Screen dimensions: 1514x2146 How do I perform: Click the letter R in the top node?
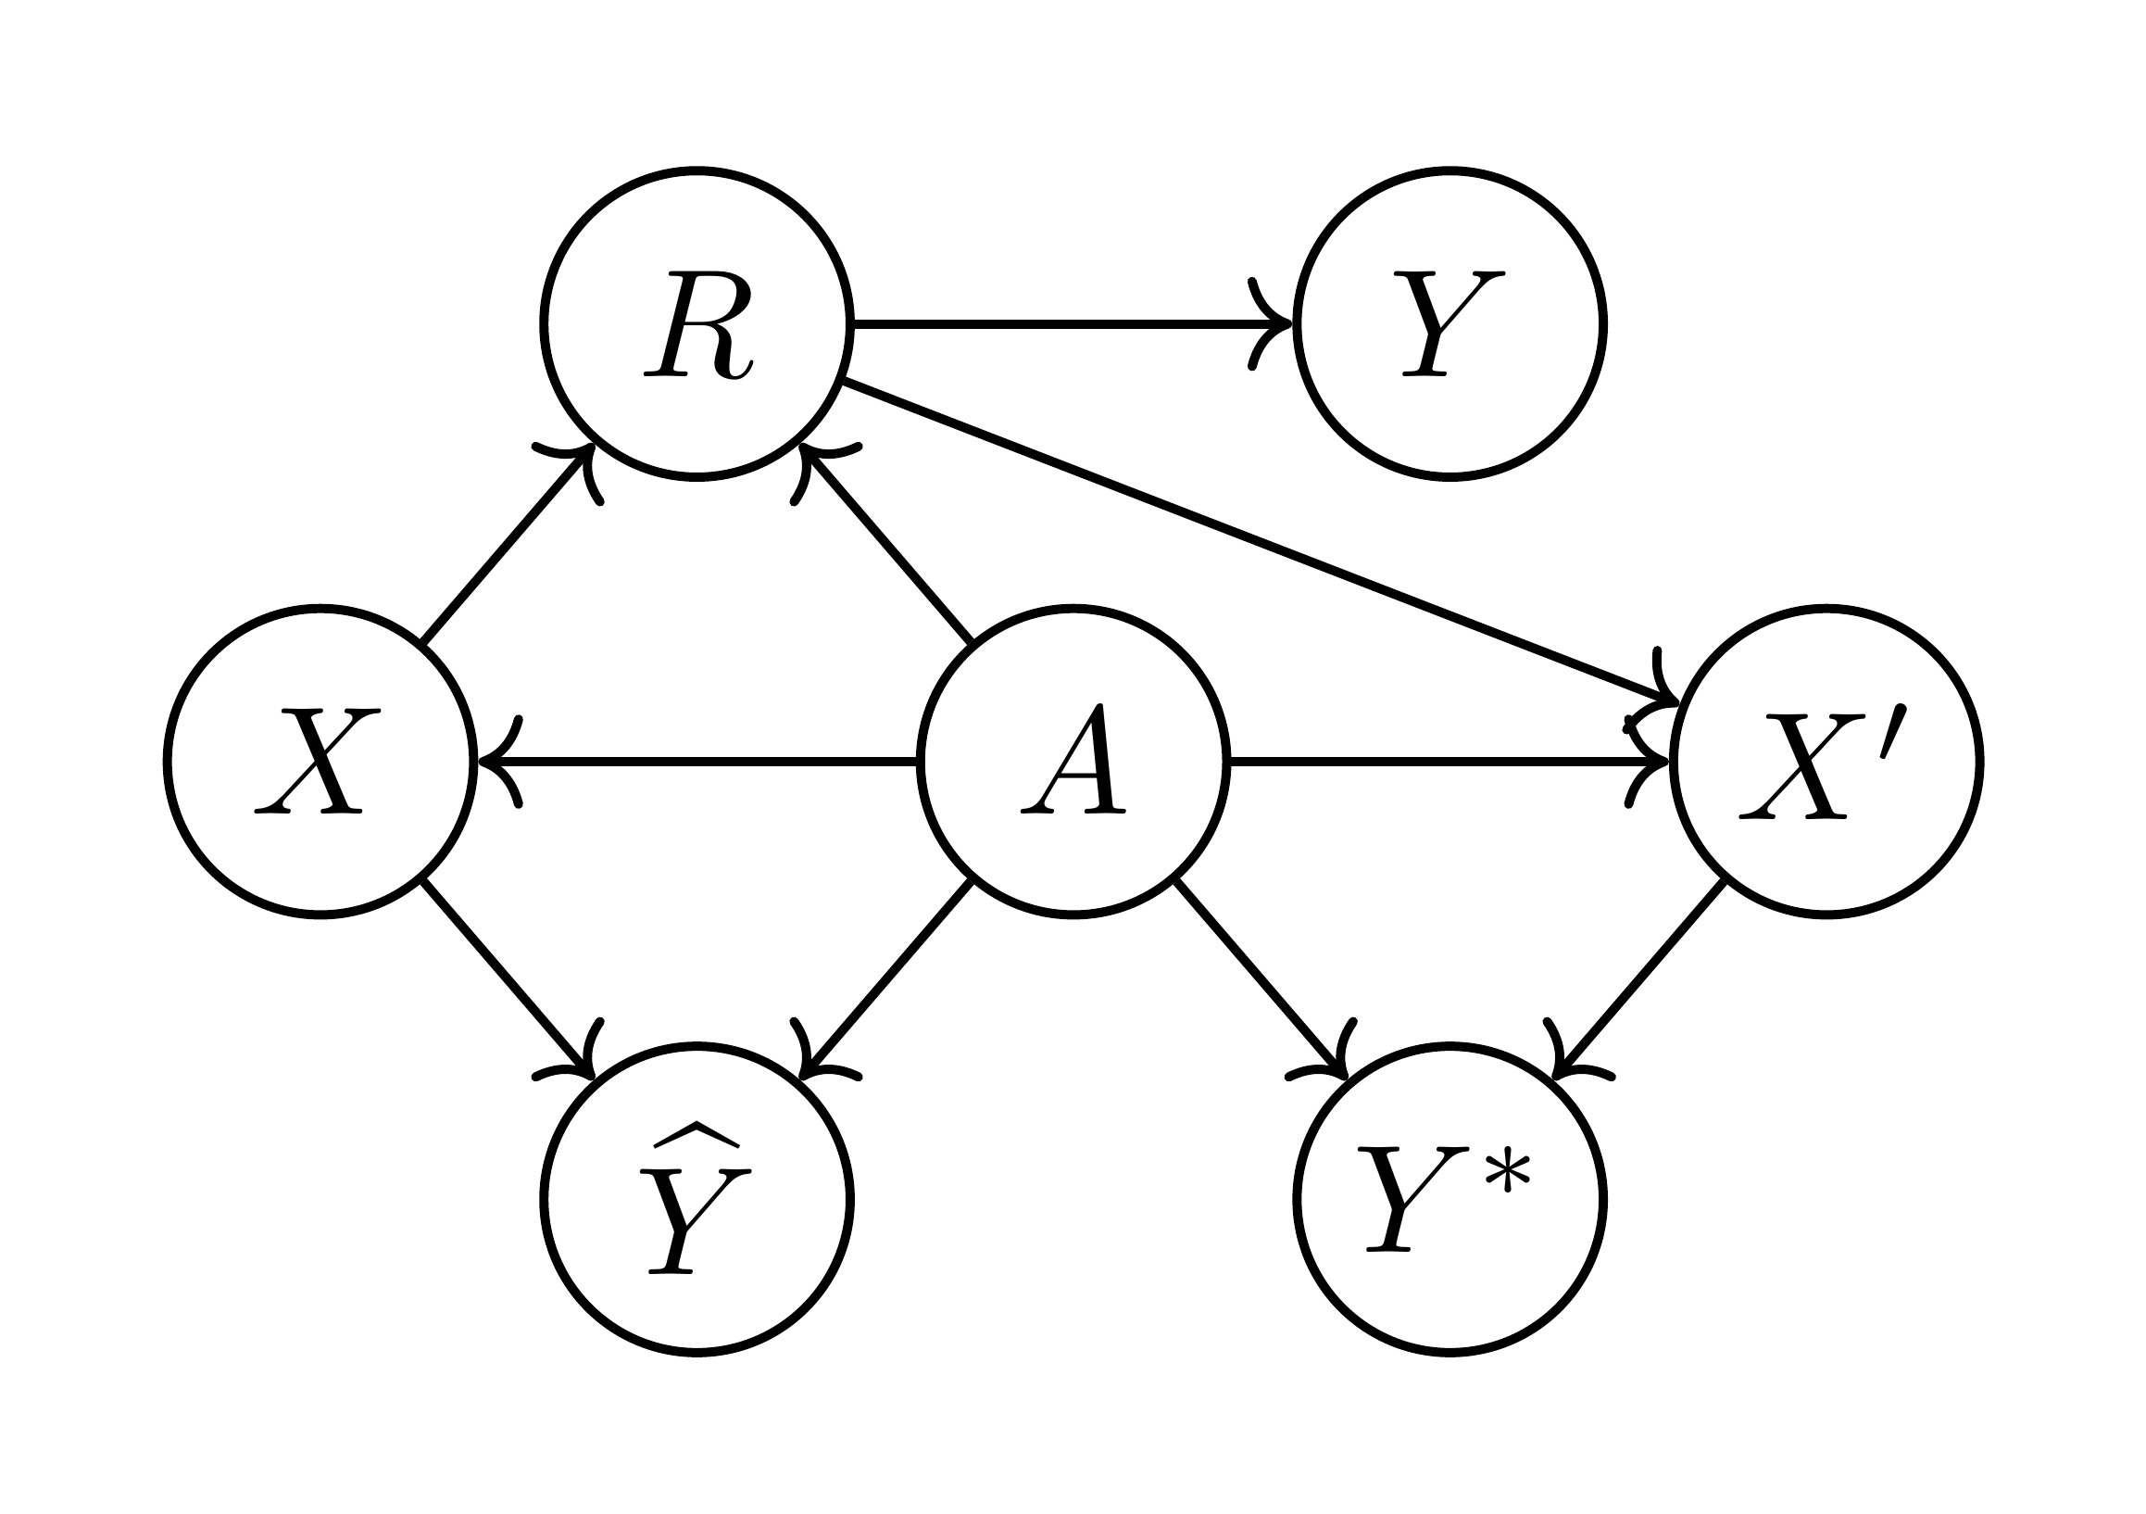[x=697, y=324]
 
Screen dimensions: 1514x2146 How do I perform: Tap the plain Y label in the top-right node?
[x=1449, y=324]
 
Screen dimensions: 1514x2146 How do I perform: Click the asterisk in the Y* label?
[x=1507, y=1175]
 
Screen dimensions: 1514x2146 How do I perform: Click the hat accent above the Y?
[x=697, y=1133]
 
